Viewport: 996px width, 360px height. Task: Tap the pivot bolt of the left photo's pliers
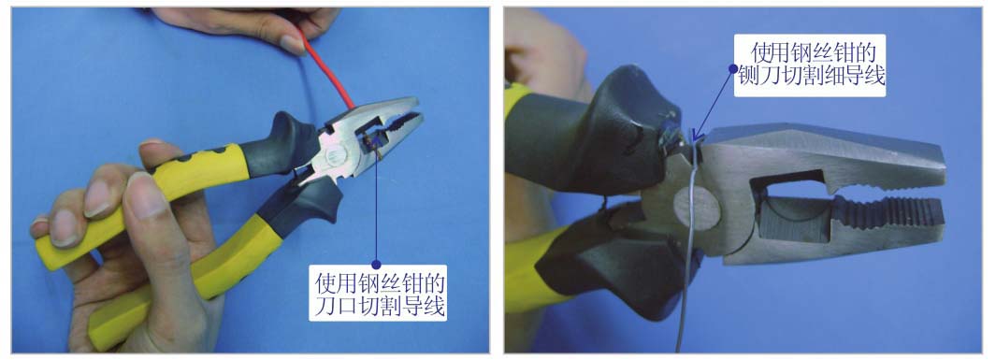point(334,155)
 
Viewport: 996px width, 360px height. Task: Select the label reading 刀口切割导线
point(380,308)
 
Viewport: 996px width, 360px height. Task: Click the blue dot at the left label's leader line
point(376,264)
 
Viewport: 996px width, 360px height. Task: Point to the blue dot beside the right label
point(733,67)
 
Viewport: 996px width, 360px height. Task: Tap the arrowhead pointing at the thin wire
point(696,135)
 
